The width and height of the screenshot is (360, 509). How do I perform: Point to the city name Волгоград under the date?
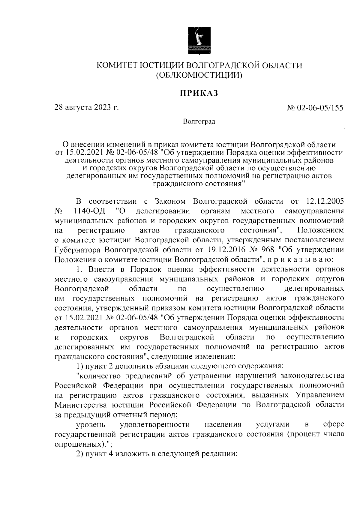pyautogui.click(x=199, y=122)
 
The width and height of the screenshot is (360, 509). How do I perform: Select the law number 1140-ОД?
pyautogui.click(x=90, y=211)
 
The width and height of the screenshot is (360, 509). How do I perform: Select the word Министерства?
pyautogui.click(x=80, y=405)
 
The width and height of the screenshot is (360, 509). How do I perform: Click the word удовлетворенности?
pyautogui.click(x=154, y=424)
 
